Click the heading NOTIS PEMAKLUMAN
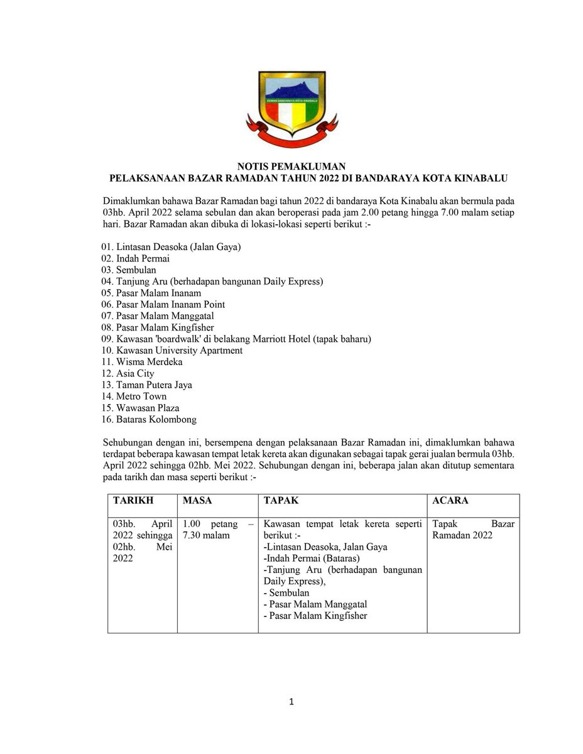[291, 167]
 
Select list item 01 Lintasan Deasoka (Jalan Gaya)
[171, 247]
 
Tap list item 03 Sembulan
[129, 270]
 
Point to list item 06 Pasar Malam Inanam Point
[163, 304]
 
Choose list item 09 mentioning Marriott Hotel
[236, 339]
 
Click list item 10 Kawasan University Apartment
[172, 350]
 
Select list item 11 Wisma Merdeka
[141, 362]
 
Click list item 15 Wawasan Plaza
[139, 408]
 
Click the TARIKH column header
[133, 501]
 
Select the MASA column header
[197, 501]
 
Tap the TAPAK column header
[281, 501]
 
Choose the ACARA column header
[450, 501]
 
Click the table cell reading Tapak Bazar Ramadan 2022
[472, 530]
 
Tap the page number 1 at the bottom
[291, 702]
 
